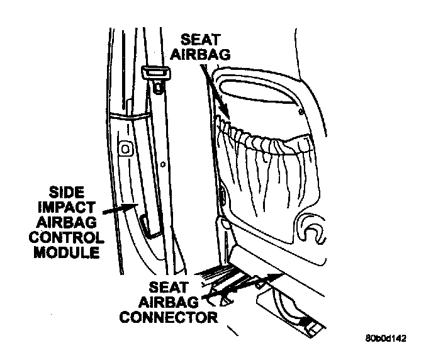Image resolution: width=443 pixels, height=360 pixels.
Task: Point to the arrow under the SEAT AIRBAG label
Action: (216, 94)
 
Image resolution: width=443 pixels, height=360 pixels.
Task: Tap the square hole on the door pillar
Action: (125, 149)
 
